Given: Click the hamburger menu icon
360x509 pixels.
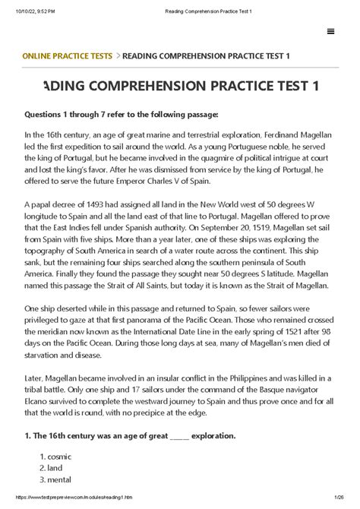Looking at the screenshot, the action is pyautogui.click(x=330, y=31).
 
